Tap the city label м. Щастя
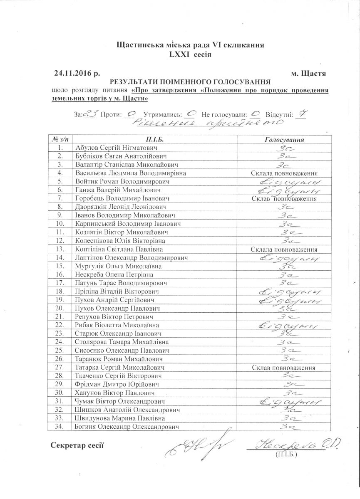click(308, 74)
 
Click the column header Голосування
click(284, 139)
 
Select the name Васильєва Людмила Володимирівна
click(131, 173)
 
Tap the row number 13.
click(61, 249)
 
